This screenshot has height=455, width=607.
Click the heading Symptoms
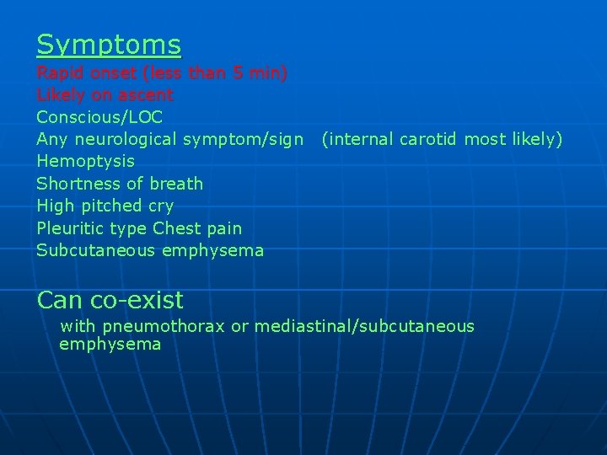pyautogui.click(x=109, y=44)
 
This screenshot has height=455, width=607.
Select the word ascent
pyautogui.click(x=145, y=95)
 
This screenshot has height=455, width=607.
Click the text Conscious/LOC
pyautogui.click(x=99, y=117)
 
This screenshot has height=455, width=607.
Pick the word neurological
pyautogui.click(x=124, y=139)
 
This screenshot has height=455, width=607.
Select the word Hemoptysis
pyautogui.click(x=85, y=161)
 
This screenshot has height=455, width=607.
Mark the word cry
pyautogui.click(x=159, y=206)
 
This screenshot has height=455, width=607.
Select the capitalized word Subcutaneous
pyautogui.click(x=94, y=250)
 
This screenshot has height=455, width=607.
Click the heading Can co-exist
pyautogui.click(x=110, y=299)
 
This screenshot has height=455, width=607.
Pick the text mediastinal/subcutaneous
pyautogui.click(x=364, y=326)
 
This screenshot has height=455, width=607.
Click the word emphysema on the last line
pyautogui.click(x=110, y=345)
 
